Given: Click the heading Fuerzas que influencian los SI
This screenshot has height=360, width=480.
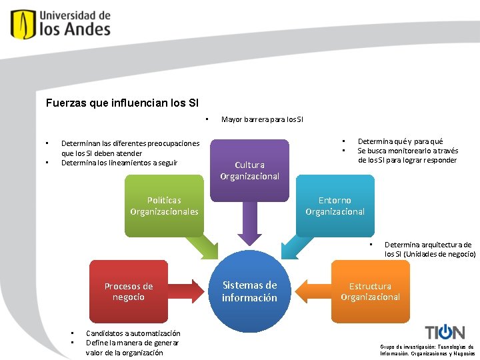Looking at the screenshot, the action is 122,103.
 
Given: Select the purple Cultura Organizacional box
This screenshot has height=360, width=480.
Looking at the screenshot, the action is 249,170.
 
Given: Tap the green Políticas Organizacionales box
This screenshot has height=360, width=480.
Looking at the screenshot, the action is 164,205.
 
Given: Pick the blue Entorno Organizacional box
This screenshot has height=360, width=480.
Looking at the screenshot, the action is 335,205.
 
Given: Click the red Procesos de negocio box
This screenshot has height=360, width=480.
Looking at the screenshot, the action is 129,291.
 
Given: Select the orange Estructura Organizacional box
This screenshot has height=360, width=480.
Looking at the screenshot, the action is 370,291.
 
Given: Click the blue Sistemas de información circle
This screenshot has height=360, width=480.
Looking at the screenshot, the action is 249,291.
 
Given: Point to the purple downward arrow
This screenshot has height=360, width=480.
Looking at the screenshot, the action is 249,223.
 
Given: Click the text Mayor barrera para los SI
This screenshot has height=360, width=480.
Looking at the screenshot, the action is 262,120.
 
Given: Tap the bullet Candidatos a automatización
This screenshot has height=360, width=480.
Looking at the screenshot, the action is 133,333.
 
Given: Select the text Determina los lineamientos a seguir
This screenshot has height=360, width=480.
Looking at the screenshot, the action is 119,163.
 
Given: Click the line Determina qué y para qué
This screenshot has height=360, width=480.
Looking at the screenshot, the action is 400,141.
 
